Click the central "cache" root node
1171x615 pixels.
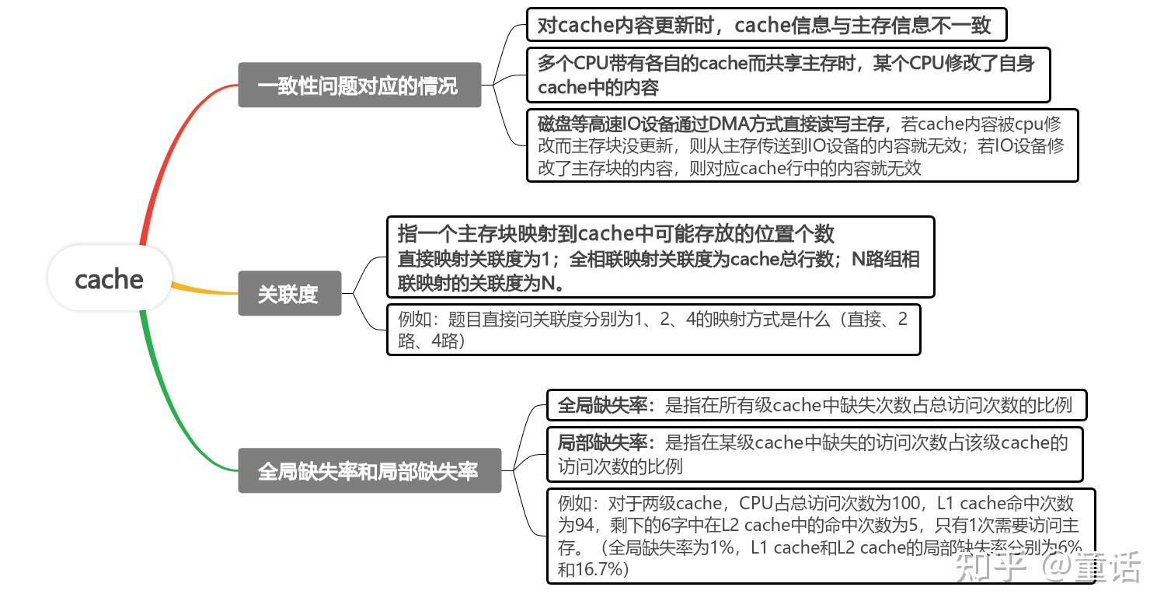point(110,278)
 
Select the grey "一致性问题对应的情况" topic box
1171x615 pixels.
point(359,85)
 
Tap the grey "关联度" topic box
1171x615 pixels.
point(289,294)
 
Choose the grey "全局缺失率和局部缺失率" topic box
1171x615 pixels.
point(369,470)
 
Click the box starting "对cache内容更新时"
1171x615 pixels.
point(765,25)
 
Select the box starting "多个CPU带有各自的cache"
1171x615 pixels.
point(787,75)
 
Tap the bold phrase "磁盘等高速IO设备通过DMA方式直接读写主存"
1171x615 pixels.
point(710,124)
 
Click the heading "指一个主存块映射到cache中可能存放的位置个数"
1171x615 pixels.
point(615,233)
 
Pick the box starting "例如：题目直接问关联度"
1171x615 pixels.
point(653,329)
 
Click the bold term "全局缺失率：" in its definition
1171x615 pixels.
point(607,405)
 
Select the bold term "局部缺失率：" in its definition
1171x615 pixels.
point(607,443)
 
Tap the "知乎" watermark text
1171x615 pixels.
point(992,567)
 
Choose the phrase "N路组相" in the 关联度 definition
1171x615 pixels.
point(886,260)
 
